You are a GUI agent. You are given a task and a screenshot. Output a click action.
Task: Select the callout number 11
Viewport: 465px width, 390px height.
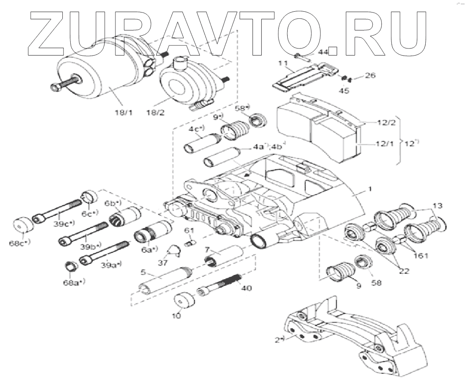283,63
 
